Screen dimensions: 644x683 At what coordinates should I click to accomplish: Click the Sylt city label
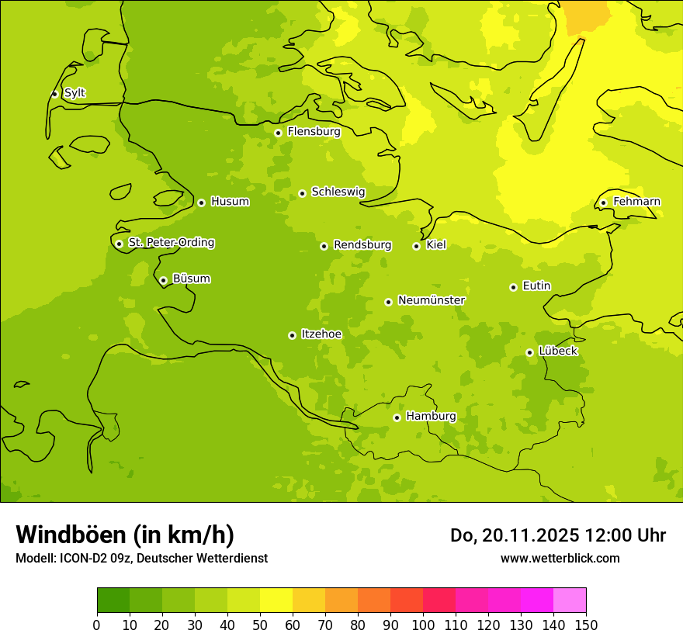pos(75,93)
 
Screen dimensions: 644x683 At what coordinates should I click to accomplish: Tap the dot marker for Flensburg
pos(278,133)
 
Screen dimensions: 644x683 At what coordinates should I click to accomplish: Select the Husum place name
pos(230,202)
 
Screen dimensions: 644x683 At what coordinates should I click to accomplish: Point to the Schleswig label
pos(338,192)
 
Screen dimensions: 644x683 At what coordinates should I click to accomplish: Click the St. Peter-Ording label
pos(171,243)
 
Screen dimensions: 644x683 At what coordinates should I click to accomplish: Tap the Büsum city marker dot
pos(163,280)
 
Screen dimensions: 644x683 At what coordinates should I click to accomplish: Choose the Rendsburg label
pos(362,245)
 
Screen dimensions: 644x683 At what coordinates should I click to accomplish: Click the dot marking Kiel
pos(416,246)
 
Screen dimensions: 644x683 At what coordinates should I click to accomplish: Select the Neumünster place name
pos(432,300)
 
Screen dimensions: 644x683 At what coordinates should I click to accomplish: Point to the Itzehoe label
pos(321,334)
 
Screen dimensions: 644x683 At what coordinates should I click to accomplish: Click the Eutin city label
pos(536,286)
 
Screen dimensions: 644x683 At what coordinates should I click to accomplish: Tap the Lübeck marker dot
pos(529,352)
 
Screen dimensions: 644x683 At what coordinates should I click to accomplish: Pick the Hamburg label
pos(431,417)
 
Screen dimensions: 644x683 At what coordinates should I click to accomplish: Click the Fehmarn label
pos(636,202)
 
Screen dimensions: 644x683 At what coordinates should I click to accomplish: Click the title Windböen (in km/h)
pos(125,535)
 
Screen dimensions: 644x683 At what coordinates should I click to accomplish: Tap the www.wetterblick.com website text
pos(560,558)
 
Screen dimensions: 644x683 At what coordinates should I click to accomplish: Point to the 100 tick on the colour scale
pos(423,625)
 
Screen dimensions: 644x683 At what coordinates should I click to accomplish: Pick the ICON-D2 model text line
pos(141,558)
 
